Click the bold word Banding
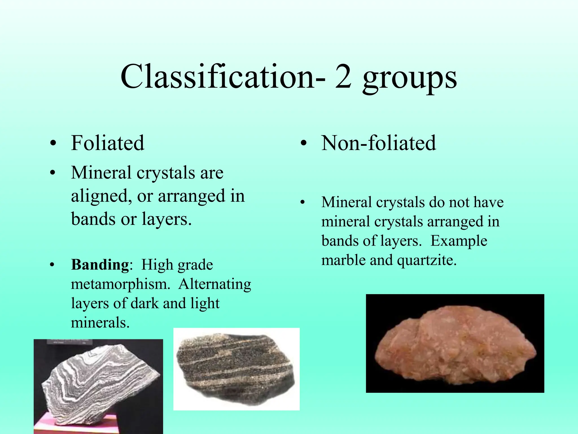click(x=100, y=265)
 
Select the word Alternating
click(x=214, y=284)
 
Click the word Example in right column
click(x=459, y=241)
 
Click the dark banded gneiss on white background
click(x=236, y=369)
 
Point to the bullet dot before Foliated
click(x=52, y=144)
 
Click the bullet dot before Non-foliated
click(x=303, y=144)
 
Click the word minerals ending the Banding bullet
click(x=100, y=323)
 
